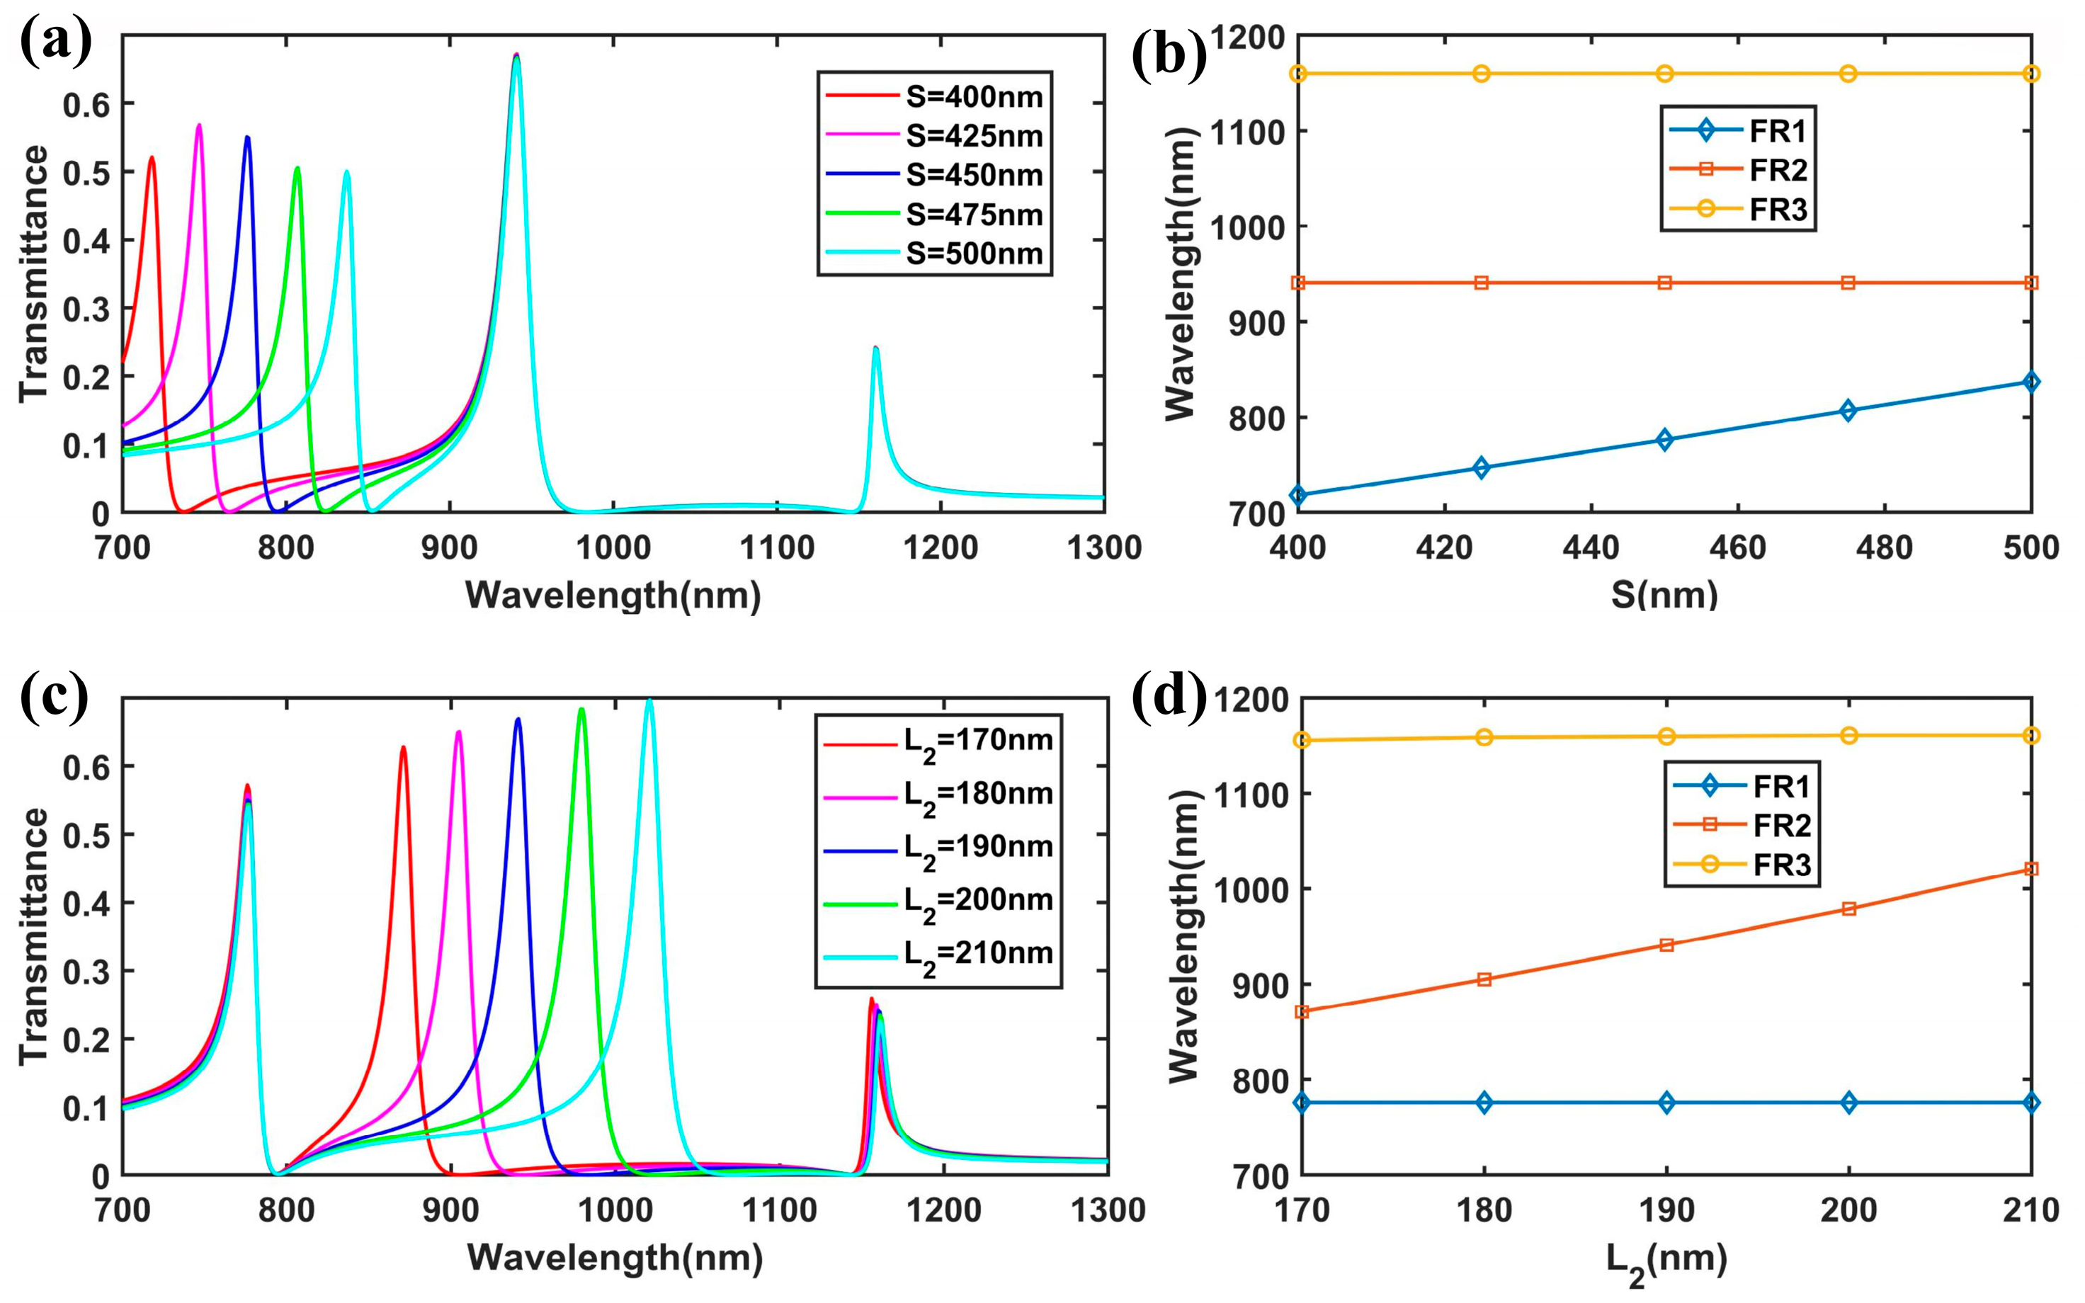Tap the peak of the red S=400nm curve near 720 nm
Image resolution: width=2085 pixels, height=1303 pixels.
pos(152,158)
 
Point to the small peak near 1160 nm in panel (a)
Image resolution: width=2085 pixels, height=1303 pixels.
pos(875,348)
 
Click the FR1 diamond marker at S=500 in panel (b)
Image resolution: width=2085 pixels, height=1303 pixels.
pos(2030,382)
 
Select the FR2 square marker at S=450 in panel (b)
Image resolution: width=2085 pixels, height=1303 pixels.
pos(1664,283)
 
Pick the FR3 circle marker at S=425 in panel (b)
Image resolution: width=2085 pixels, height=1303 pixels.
pos(1481,73)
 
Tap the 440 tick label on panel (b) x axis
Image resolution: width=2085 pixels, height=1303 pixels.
pos(1591,548)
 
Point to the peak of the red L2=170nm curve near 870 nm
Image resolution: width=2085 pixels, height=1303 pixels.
pos(402,748)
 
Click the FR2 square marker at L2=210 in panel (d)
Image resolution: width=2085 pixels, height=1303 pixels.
pos(2030,869)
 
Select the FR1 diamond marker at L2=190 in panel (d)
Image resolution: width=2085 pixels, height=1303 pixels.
pos(1666,1102)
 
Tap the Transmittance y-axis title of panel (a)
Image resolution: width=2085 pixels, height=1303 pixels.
pos(35,273)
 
